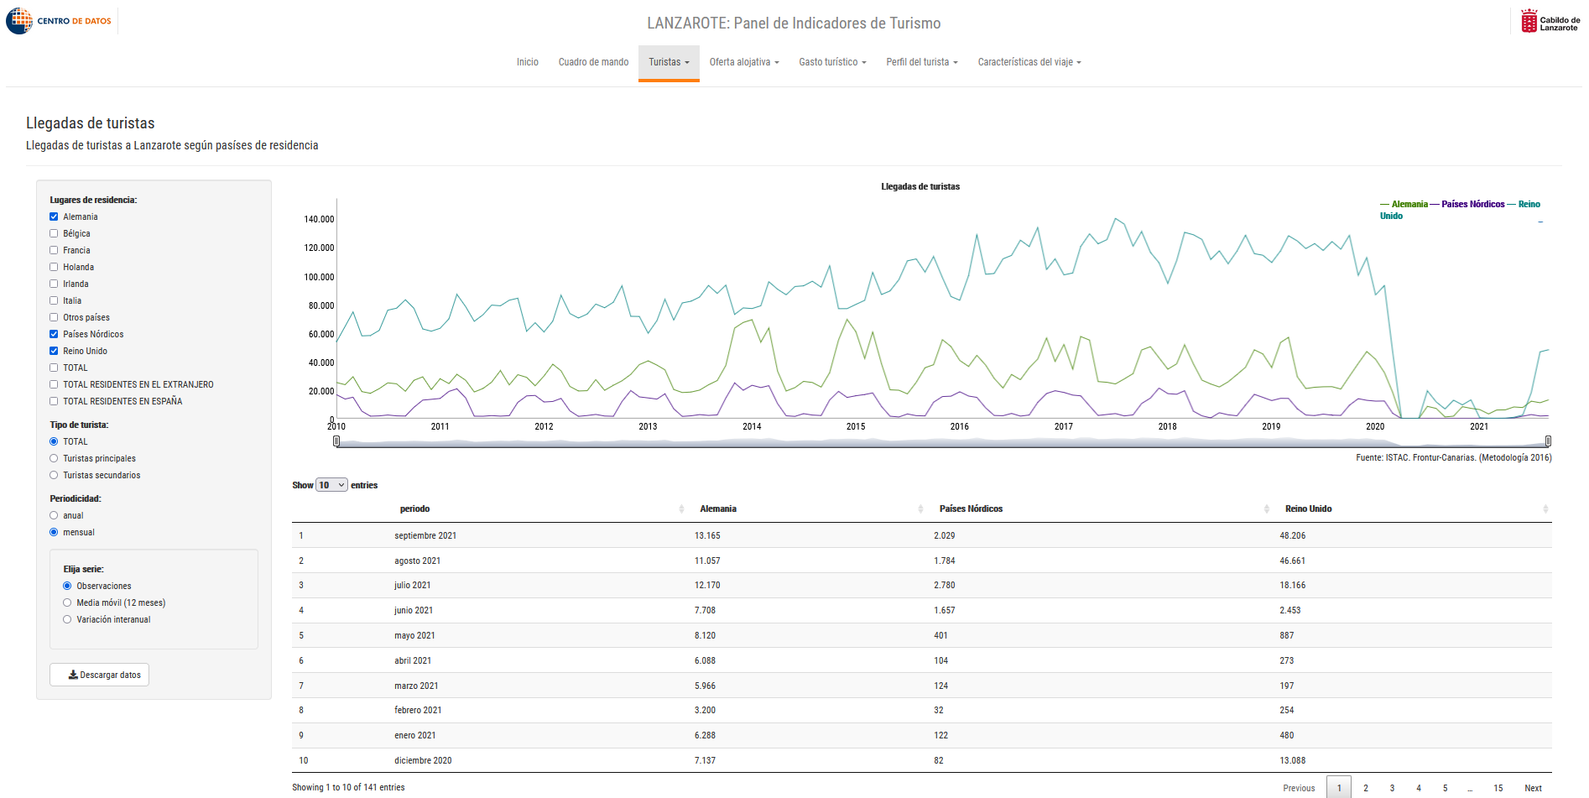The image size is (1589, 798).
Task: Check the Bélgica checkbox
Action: (x=54, y=233)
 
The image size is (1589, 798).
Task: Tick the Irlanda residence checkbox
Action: (x=54, y=284)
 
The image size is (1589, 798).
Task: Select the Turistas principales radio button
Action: (x=54, y=458)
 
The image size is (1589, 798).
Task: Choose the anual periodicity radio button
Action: (x=54, y=515)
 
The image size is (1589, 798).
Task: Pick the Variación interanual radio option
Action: (x=67, y=619)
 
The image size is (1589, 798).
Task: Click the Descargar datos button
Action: (x=99, y=675)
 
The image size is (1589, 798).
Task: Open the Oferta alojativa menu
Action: (x=744, y=62)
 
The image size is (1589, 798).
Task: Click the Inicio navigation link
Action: (x=528, y=62)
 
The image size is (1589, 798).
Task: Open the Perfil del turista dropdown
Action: (x=922, y=62)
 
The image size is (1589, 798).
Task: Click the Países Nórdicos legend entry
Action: (x=1472, y=204)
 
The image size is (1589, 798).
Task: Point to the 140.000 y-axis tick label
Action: (x=319, y=219)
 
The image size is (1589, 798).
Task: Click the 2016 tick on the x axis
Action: (x=960, y=426)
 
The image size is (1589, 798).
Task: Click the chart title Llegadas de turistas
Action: (x=920, y=186)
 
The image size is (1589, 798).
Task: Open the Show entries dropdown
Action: (x=331, y=485)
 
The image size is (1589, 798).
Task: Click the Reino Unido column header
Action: (x=1308, y=509)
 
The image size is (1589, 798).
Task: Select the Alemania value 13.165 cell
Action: (x=707, y=535)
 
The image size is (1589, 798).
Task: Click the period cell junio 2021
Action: (x=414, y=610)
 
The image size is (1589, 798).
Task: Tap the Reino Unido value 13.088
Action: (x=1293, y=760)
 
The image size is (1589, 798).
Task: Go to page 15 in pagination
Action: (x=1498, y=788)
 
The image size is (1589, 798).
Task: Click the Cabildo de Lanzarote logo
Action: (x=1550, y=21)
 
